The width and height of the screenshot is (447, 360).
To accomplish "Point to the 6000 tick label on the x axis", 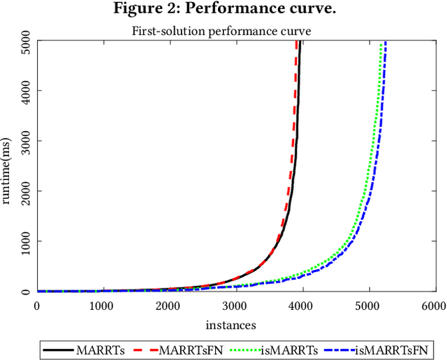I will pos(432,306).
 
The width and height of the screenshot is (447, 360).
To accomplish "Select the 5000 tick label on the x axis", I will pos(367,306).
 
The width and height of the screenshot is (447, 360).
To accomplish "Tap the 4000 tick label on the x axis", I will pos(300,306).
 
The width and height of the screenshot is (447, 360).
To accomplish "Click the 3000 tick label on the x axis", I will pos(235,306).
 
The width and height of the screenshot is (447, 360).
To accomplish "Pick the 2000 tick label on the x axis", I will pos(168,306).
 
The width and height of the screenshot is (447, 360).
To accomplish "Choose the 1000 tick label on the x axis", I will pos(103,306).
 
